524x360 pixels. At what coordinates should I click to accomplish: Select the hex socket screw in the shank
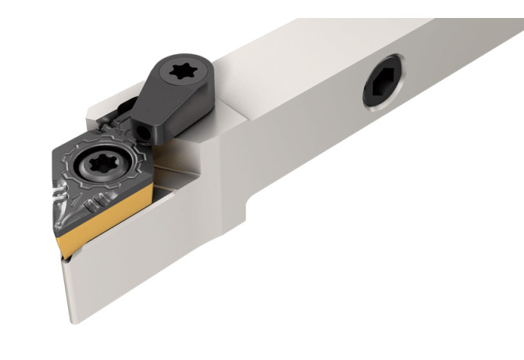coord(382,91)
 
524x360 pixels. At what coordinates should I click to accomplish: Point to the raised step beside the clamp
coord(227,117)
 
